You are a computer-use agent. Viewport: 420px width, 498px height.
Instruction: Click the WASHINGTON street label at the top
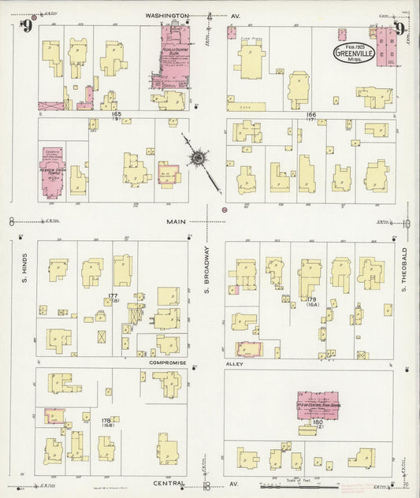[x=167, y=15]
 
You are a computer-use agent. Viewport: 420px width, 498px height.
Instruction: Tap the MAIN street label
[x=176, y=222]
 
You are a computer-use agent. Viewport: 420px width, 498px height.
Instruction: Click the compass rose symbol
[x=195, y=159]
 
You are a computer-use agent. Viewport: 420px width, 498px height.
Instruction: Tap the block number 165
[x=117, y=114]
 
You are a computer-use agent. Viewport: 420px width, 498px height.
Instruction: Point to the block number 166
[x=310, y=114]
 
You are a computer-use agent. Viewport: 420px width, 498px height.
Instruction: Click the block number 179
[x=311, y=299]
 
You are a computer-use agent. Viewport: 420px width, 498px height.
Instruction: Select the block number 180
[x=318, y=423]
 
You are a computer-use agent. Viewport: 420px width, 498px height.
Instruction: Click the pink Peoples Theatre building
[x=175, y=54]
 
